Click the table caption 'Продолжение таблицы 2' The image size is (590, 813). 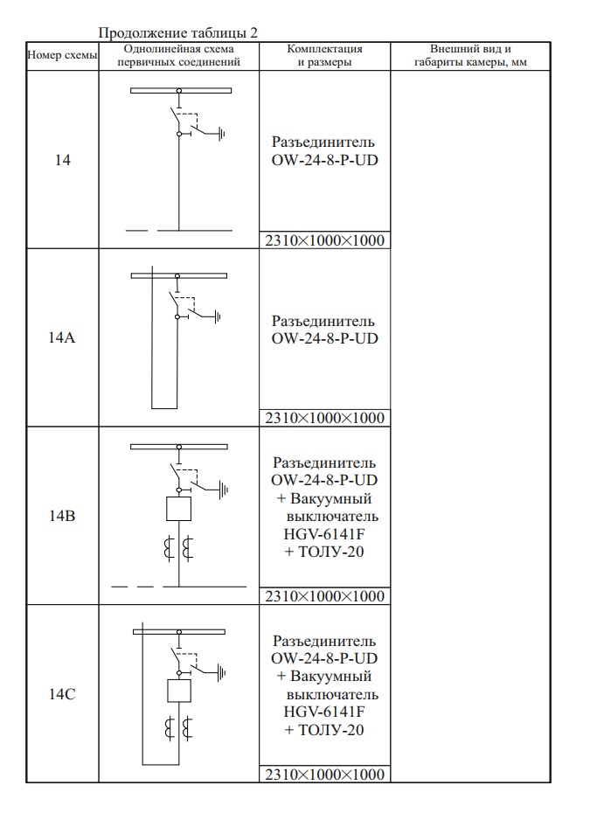[178, 33]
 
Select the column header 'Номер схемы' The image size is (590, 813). [62, 55]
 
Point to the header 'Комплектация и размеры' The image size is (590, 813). [324, 55]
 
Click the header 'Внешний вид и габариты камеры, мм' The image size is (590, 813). [469, 55]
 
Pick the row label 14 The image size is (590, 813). [62, 162]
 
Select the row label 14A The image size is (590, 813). [62, 339]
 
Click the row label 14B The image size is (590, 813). [62, 517]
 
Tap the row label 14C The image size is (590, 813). [62, 694]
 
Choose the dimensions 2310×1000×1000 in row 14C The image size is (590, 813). [324, 775]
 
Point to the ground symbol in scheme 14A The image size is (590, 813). [219, 316]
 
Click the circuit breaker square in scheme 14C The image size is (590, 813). [178, 690]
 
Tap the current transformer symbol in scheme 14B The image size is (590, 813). [178, 550]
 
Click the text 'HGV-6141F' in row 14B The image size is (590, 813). [324, 535]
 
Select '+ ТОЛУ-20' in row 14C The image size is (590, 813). [324, 730]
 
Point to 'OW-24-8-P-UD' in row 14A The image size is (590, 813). [324, 338]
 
